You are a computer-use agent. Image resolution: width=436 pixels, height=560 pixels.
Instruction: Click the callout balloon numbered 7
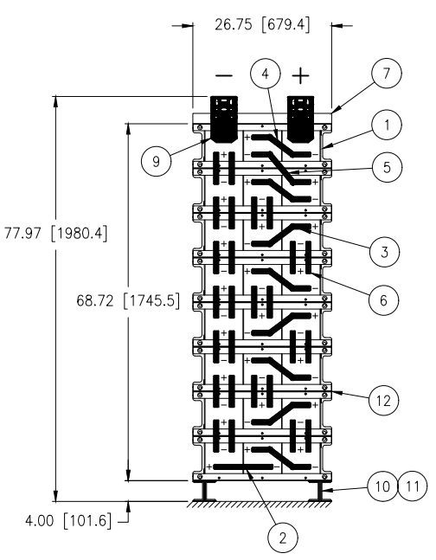point(387,74)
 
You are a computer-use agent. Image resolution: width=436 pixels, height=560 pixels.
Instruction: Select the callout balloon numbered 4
point(265,74)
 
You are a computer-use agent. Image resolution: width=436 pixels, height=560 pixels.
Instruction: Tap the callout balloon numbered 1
point(387,125)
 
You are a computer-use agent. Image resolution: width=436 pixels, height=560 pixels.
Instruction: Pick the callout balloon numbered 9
point(156,162)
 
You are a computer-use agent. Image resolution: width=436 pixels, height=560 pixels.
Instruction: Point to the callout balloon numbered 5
point(387,167)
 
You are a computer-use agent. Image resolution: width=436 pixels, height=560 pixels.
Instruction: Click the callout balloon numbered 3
point(384,252)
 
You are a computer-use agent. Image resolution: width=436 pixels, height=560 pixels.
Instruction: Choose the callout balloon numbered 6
point(383,300)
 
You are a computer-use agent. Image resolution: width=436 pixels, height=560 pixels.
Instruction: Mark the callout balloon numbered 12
point(383,401)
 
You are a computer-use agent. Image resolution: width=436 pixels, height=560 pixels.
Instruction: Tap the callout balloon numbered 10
point(382,486)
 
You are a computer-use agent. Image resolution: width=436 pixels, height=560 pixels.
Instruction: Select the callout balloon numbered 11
point(413,486)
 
